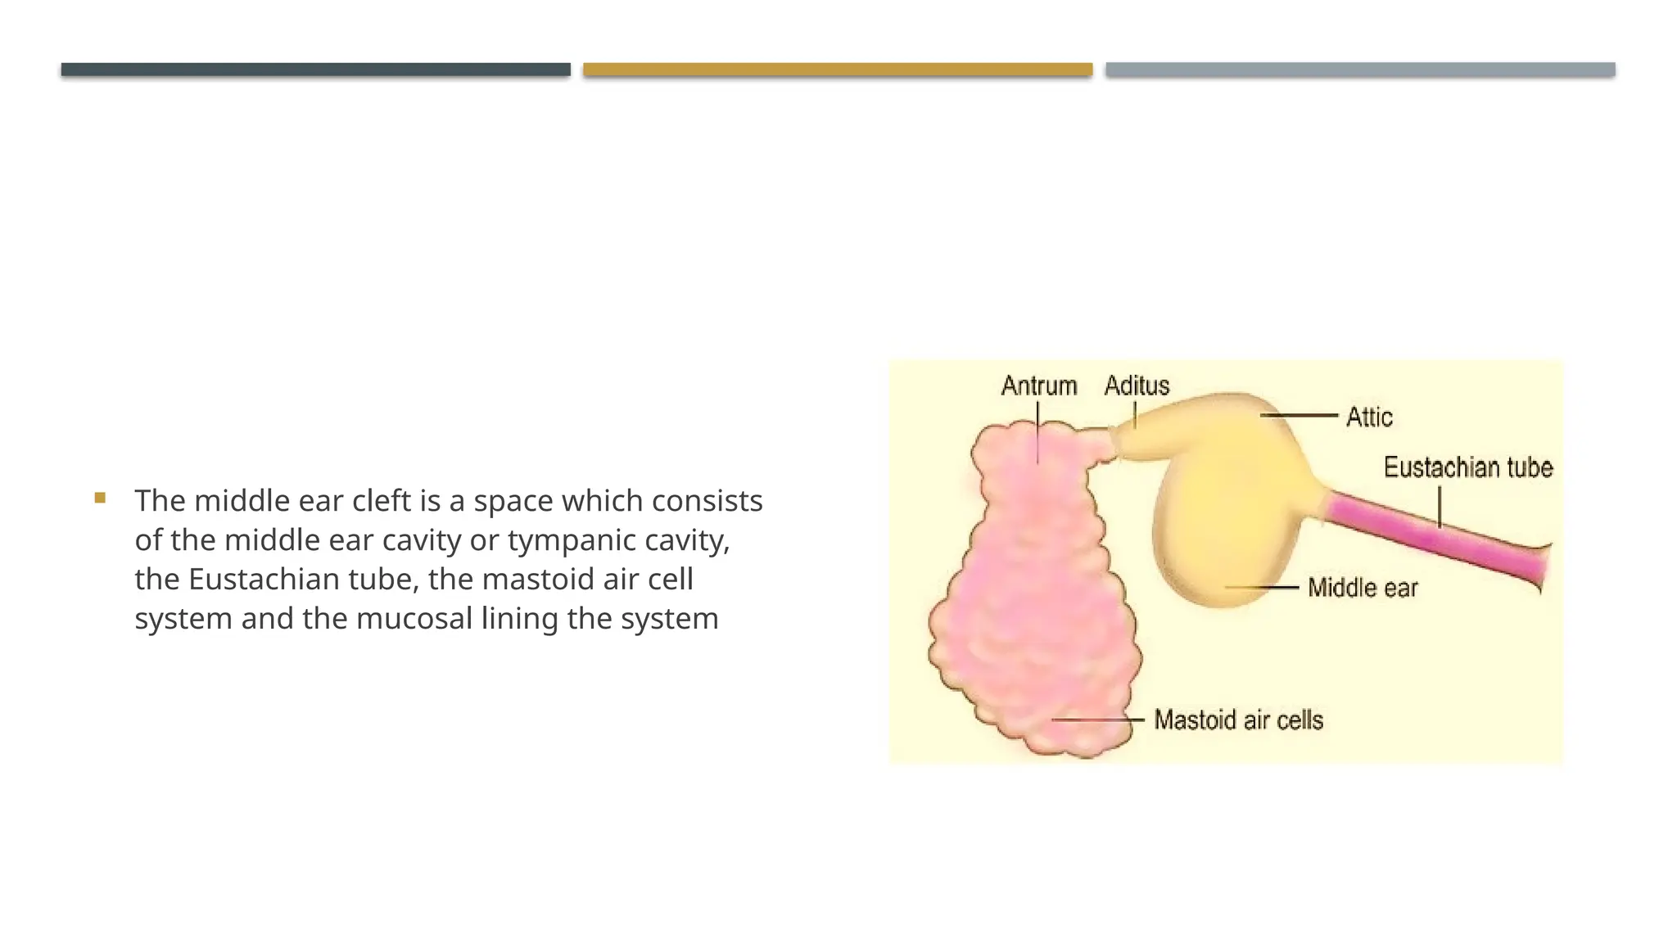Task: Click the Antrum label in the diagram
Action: tap(1038, 386)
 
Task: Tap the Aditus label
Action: tap(1137, 386)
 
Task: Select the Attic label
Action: tap(1368, 417)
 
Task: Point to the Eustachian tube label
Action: tap(1467, 467)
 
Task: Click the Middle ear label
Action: tap(1363, 588)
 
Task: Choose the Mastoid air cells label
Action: tap(1238, 720)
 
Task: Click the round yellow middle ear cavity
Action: tap(1220, 524)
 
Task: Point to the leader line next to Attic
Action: tap(1299, 416)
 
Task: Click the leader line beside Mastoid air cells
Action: tap(1097, 720)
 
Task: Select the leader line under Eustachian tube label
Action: tap(1440, 507)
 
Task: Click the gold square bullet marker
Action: tap(100, 498)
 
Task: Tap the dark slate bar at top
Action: tap(315, 70)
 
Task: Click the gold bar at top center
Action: tap(838, 70)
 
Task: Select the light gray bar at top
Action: tap(1360, 70)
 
